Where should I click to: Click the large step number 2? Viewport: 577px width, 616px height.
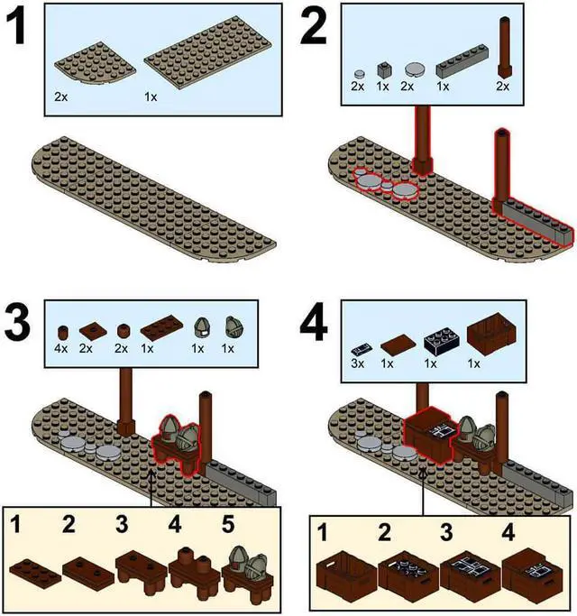(314, 29)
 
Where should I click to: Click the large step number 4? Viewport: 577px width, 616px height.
(313, 325)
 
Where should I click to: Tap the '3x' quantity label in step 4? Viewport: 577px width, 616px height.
(356, 363)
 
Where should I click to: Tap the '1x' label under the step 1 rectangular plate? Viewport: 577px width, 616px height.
(150, 94)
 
